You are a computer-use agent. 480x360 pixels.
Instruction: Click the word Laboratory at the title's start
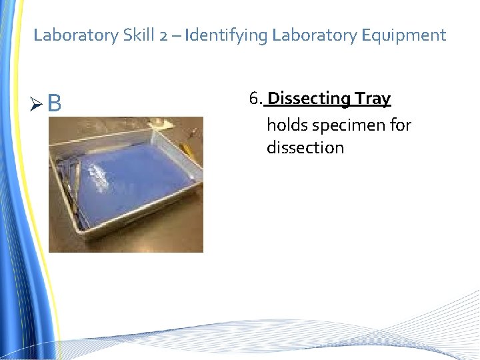75,35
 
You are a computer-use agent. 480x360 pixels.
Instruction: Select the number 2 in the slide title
164,35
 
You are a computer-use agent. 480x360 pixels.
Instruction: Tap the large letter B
55,103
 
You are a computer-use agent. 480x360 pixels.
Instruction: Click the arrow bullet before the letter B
39,104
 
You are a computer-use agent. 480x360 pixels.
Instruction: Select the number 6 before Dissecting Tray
253,99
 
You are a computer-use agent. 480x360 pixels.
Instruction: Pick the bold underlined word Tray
373,99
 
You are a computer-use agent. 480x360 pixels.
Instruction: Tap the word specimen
346,125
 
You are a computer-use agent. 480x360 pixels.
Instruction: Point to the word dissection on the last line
305,147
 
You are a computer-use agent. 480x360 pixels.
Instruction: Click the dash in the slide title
177,35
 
